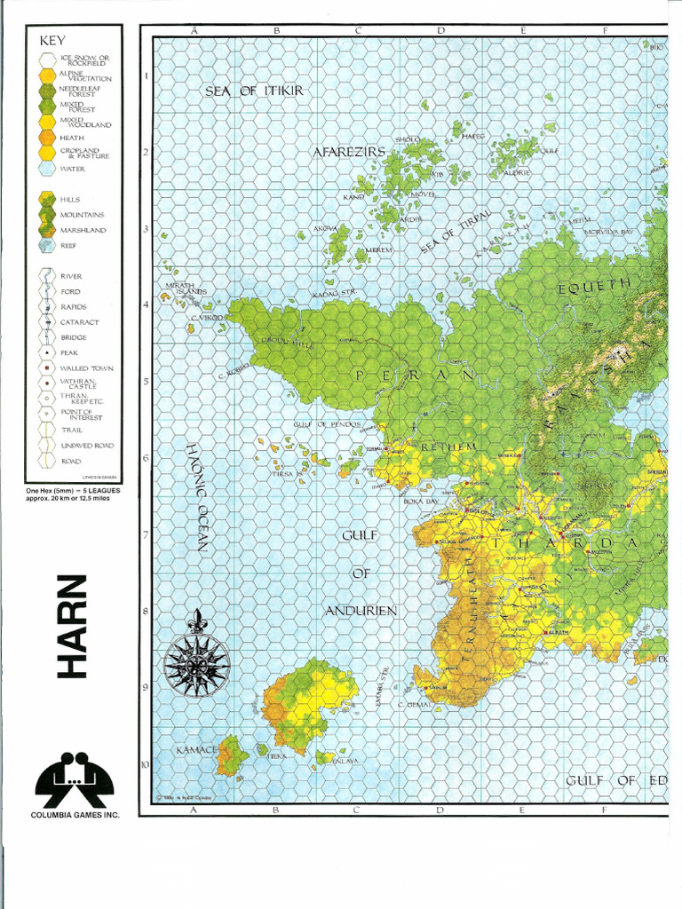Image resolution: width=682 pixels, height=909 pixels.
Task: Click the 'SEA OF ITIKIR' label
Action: (255, 91)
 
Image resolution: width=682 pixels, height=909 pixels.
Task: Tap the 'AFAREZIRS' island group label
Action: (348, 152)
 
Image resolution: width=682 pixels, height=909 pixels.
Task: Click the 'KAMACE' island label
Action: (195, 750)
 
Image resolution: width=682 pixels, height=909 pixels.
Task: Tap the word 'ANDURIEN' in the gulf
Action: (360, 611)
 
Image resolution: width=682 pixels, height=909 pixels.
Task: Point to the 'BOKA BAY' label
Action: (422, 502)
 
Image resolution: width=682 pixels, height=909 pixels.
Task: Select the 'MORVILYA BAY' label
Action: (608, 232)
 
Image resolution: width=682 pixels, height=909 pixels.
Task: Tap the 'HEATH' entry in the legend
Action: (72, 138)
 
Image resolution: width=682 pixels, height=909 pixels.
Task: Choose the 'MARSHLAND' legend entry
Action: (83, 231)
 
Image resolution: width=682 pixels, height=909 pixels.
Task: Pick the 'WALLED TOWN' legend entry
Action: (86, 368)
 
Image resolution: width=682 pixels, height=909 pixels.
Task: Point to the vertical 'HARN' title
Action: (73, 627)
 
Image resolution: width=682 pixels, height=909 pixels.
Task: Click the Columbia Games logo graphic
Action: (75, 780)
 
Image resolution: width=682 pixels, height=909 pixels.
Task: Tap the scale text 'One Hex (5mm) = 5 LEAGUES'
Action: (74, 490)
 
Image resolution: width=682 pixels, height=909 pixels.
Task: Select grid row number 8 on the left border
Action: (146, 611)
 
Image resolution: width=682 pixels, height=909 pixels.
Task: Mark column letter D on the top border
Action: (440, 30)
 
